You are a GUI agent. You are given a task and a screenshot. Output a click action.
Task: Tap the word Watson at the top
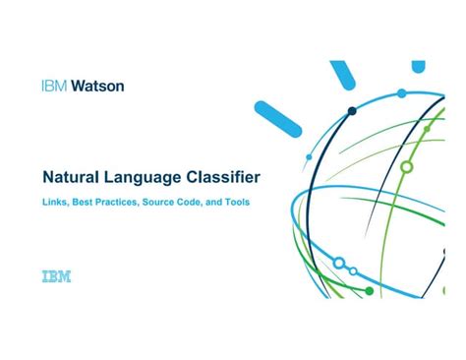point(97,86)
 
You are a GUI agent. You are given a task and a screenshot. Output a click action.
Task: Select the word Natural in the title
point(72,179)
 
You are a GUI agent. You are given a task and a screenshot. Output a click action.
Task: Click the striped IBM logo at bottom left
point(56,277)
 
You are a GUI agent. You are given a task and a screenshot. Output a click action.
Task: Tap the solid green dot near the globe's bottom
point(370,291)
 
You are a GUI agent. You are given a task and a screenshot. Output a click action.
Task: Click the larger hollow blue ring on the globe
point(339,264)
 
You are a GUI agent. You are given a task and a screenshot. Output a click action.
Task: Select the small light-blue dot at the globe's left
point(308,155)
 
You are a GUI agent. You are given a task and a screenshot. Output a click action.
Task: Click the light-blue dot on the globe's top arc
point(401,93)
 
